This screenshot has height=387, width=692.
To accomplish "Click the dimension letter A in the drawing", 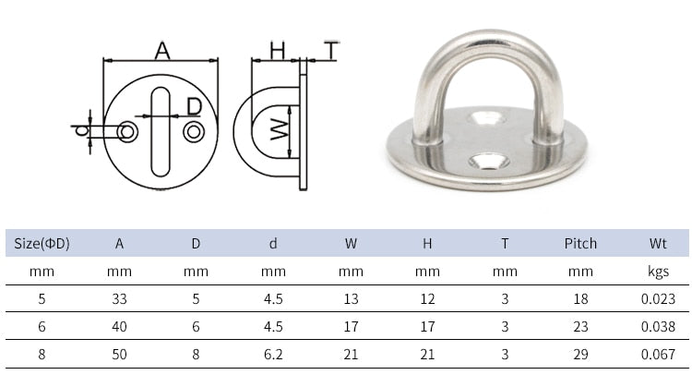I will [x=162, y=51].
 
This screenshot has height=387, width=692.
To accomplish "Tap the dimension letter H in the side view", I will [x=278, y=51].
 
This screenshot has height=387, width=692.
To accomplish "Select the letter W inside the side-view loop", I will [x=278, y=131].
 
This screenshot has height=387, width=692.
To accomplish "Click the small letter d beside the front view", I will [x=81, y=132].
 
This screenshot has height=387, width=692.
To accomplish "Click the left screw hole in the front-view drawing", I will [x=127, y=133].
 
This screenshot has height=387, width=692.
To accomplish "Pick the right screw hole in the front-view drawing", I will [x=194, y=133].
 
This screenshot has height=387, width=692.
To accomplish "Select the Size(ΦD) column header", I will [x=42, y=244].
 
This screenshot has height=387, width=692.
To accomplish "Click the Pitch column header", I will [x=580, y=244].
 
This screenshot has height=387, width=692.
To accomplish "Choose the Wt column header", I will [x=657, y=244].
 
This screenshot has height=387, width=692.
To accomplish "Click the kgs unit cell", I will [x=657, y=272].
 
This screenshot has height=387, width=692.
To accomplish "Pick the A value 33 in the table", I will [x=119, y=298].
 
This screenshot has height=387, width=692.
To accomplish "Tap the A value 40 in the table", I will [x=119, y=326].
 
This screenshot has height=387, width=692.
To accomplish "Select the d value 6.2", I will [x=273, y=354].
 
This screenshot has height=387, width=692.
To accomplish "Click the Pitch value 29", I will [x=580, y=354].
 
